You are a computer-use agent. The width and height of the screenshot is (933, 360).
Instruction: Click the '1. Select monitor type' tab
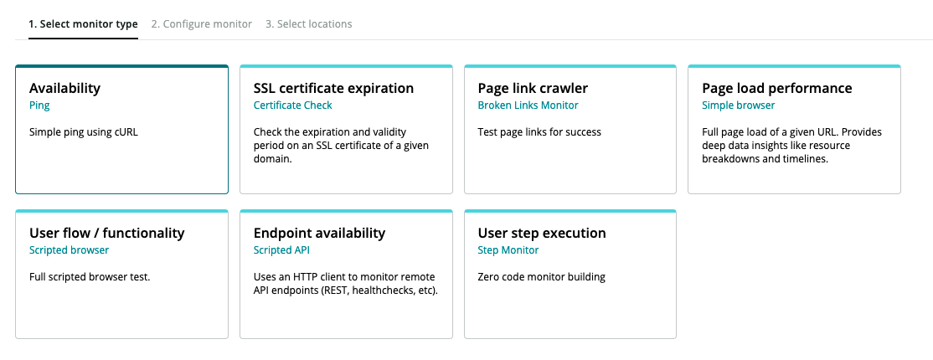(83, 24)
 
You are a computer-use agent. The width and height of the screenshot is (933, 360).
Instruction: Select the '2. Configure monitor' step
(202, 24)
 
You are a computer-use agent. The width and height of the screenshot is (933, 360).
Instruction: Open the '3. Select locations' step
(309, 24)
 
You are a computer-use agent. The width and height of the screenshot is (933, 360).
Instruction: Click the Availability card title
(64, 88)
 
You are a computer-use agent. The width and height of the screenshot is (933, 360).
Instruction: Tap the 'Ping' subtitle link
(39, 105)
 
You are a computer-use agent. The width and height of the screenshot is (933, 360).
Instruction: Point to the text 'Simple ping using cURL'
(83, 132)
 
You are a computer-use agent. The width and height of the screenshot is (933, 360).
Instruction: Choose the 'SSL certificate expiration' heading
(333, 88)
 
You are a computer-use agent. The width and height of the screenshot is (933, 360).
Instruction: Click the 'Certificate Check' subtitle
(293, 105)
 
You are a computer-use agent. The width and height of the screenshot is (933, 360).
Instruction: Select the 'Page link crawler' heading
(534, 88)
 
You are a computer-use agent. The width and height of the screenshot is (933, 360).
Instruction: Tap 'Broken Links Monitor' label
(528, 105)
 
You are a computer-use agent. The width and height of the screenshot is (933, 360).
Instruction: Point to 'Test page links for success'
(539, 132)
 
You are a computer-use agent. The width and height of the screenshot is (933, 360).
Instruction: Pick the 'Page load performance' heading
(777, 88)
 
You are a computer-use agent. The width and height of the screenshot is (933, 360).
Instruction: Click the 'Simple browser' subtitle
(739, 105)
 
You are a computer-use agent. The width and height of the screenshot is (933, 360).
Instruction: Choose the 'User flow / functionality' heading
(107, 233)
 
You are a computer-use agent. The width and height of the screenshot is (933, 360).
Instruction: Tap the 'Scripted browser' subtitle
(69, 250)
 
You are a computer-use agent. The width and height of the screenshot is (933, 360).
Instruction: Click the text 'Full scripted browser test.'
(90, 276)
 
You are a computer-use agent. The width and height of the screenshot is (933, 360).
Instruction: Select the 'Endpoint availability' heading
(320, 233)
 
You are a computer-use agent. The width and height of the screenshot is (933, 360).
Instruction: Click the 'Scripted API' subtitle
(281, 250)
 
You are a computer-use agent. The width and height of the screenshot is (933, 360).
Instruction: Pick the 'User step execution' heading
(542, 233)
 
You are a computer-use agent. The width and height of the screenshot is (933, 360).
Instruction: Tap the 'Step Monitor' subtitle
(508, 250)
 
